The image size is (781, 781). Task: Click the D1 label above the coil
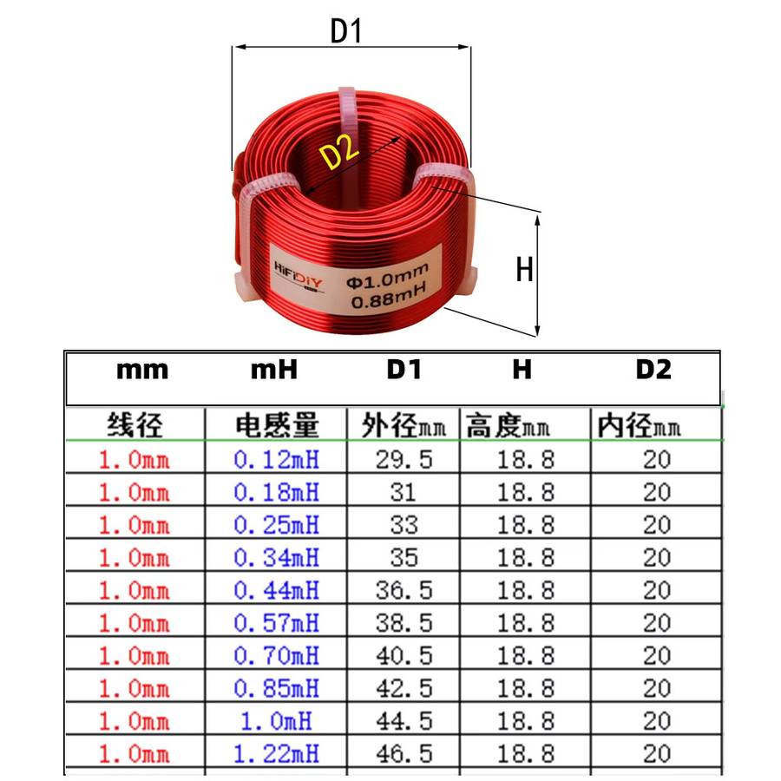coord(345,31)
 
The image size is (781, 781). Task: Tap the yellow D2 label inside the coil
coord(339,151)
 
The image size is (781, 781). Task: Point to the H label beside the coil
coord(524,270)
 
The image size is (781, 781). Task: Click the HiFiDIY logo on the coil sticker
coord(298,275)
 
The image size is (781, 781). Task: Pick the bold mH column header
coord(274,370)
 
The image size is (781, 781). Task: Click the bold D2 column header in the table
coord(653,370)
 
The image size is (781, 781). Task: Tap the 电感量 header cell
coord(277,425)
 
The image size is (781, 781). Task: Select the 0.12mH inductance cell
coord(277,459)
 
